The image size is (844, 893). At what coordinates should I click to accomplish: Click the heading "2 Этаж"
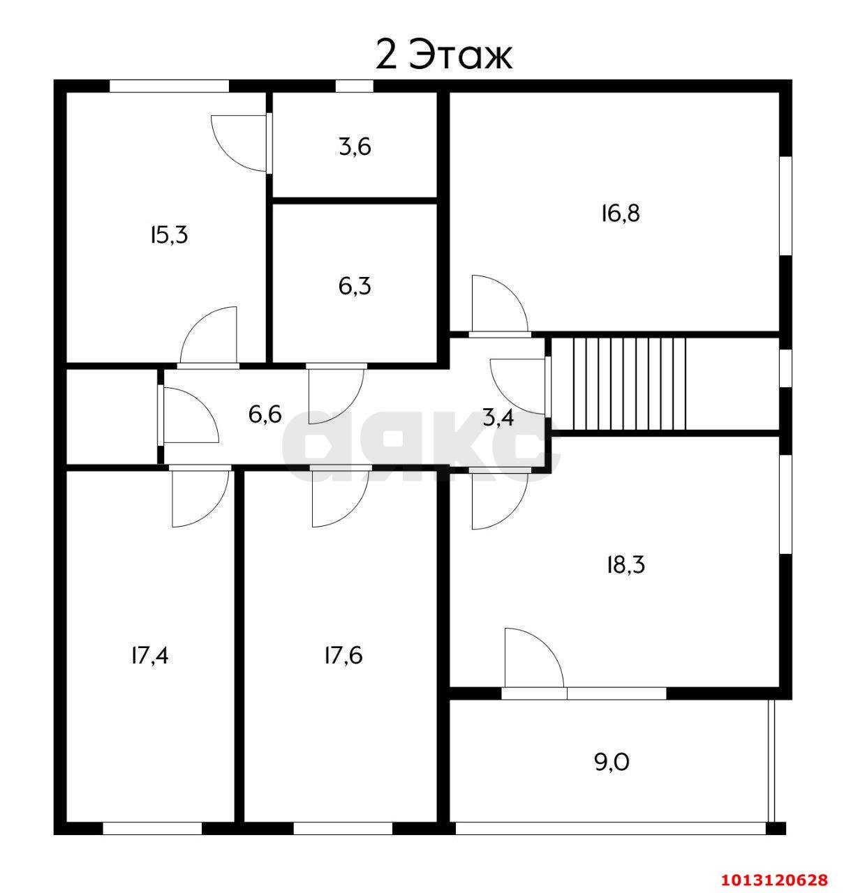(444, 55)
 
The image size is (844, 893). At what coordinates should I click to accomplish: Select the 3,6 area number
(355, 147)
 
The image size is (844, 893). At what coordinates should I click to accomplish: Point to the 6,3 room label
(355, 286)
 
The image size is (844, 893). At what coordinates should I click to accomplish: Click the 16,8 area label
(621, 213)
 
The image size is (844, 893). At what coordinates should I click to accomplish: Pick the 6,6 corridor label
(265, 414)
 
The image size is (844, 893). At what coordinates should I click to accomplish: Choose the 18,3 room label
(626, 565)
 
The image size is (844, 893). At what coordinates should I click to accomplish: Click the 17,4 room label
(150, 656)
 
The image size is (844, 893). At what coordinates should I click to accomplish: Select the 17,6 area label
(343, 656)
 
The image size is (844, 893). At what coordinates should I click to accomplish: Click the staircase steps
(629, 384)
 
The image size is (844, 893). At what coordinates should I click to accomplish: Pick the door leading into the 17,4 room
(200, 497)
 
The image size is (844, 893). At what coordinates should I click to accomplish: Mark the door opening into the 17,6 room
(341, 497)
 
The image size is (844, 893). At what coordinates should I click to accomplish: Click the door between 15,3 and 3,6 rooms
(240, 143)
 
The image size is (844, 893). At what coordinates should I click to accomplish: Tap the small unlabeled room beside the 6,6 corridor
(112, 416)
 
